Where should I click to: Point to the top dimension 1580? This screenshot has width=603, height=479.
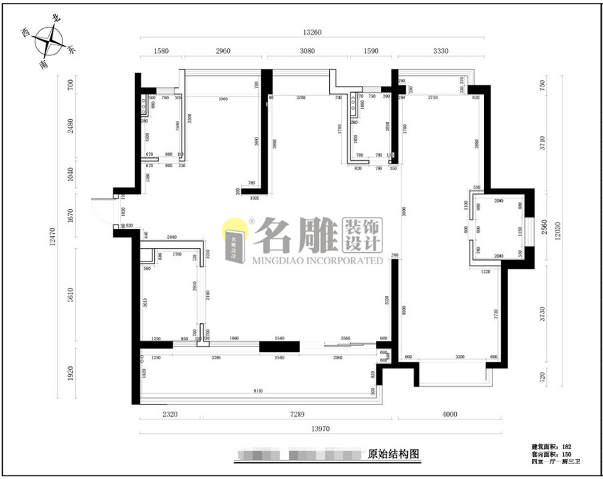pos(161,51)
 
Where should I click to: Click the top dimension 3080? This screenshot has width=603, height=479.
pos(308,51)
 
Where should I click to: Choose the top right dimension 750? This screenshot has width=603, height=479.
pos(543,84)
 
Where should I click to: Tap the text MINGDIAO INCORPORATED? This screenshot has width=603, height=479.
pos(317,261)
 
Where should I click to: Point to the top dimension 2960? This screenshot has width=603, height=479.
pos(223,51)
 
